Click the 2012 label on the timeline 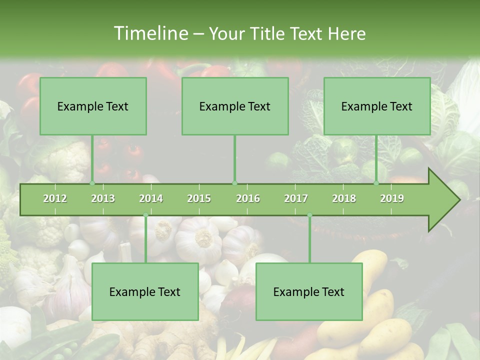pyautogui.click(x=55, y=198)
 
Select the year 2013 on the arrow pyautogui.click(x=103, y=198)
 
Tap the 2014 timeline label pyautogui.click(x=151, y=198)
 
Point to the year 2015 pyautogui.click(x=199, y=198)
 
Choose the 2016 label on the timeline pyautogui.click(x=248, y=198)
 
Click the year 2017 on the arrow pyautogui.click(x=296, y=198)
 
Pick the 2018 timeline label pyautogui.click(x=344, y=198)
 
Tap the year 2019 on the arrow pyautogui.click(x=392, y=198)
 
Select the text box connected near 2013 pyautogui.click(x=93, y=106)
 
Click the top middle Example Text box pyautogui.click(x=235, y=106)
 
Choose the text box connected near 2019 pyautogui.click(x=377, y=106)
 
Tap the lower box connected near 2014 pyautogui.click(x=145, y=291)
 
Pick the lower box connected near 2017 pyautogui.click(x=309, y=291)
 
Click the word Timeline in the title pyautogui.click(x=150, y=33)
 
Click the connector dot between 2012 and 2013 pyautogui.click(x=92, y=183)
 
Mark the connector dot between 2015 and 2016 pyautogui.click(x=234, y=183)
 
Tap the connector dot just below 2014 pyautogui.click(x=145, y=215)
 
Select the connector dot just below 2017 pyautogui.click(x=309, y=215)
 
